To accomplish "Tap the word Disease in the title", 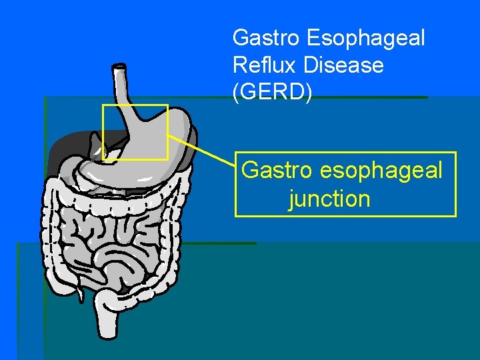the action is [343, 65].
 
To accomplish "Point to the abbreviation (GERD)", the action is [272, 93].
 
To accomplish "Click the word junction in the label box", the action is [329, 199].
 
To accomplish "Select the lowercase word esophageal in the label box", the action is [381, 171].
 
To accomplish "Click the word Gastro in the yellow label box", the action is [277, 170].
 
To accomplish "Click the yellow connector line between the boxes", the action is [200, 147].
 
